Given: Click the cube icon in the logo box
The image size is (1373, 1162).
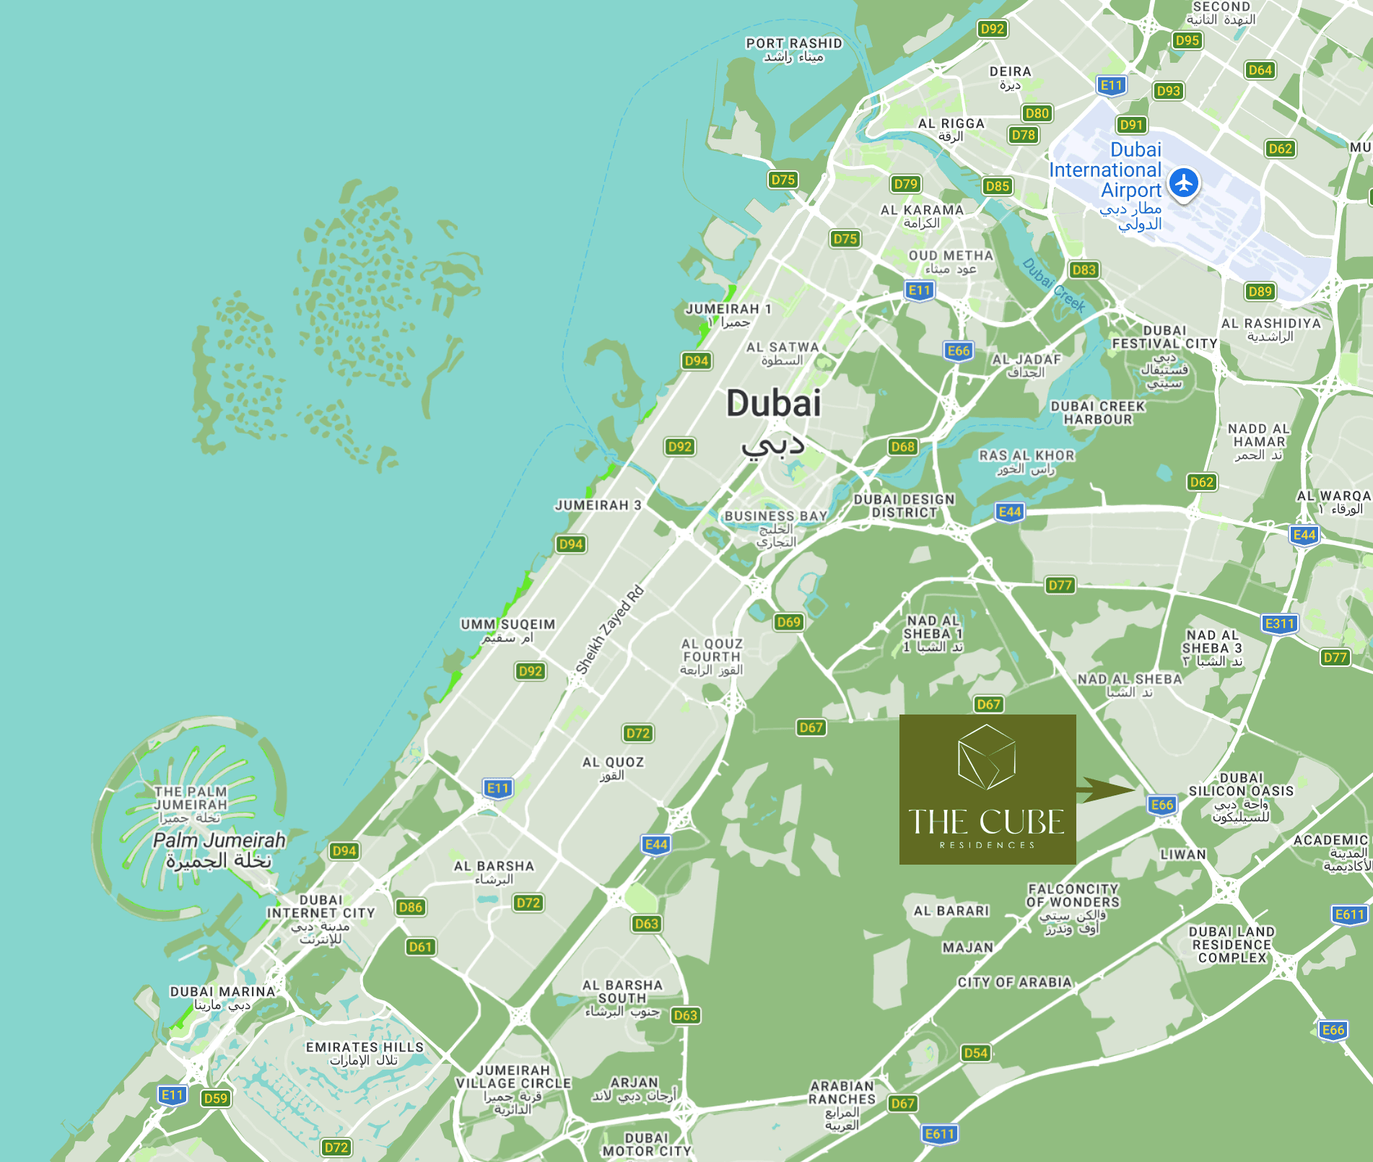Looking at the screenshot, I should tap(987, 757).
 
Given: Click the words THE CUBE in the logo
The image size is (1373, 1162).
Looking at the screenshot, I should tap(986, 822).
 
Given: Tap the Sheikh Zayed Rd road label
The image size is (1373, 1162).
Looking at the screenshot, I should tap(609, 631).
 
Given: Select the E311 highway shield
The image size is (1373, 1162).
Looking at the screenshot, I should tap(1279, 624).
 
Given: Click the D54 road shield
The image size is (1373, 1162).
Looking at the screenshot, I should tap(975, 1053).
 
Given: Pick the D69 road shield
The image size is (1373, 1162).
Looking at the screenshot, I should tap(788, 621).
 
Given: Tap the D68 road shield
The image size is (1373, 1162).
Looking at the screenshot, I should tap(902, 447).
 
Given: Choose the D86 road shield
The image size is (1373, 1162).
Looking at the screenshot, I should tap(410, 907).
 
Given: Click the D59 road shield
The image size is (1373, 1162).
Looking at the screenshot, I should tap(215, 1098).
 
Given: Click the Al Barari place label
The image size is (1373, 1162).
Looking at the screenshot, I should tap(951, 911).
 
